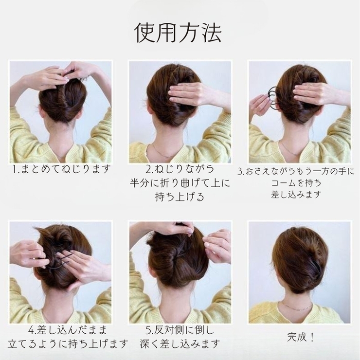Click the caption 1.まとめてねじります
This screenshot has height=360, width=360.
point(61,169)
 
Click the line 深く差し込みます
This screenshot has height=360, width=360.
point(180,344)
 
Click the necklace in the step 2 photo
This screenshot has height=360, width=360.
point(161,151)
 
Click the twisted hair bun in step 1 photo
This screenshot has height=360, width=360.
point(62,100)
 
